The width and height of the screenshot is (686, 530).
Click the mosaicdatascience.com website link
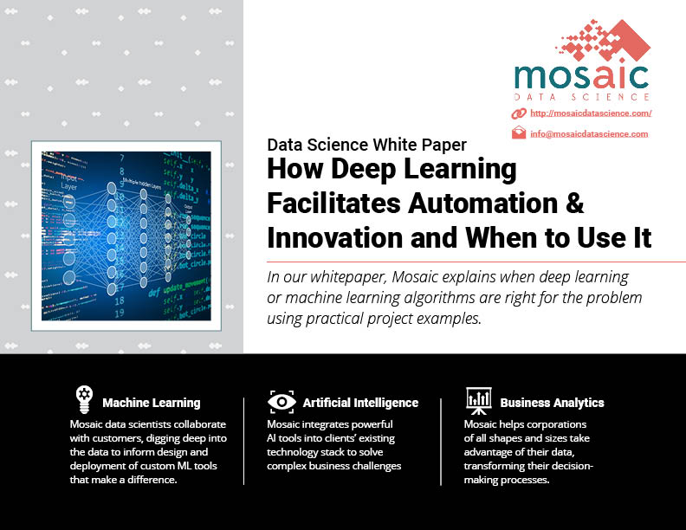click(x=591, y=113)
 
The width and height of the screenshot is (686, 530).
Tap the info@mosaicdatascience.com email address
click(x=589, y=134)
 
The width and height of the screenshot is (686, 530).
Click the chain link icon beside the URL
click(x=519, y=113)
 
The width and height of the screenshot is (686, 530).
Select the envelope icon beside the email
click(x=519, y=132)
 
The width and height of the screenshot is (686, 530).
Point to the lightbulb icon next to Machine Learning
click(x=84, y=399)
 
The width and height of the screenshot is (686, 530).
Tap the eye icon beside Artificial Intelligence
click(x=282, y=402)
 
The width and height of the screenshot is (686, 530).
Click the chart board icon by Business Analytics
click(x=479, y=401)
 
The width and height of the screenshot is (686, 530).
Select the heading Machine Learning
click(x=152, y=403)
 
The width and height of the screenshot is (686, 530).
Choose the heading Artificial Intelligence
click(x=360, y=403)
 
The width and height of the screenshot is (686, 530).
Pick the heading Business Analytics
click(x=552, y=403)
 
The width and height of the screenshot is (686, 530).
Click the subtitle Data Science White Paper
click(x=366, y=145)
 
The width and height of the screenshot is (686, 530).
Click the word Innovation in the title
click(x=334, y=238)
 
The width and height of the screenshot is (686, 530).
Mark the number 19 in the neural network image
click(x=120, y=313)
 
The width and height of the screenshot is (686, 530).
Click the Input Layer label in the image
click(x=68, y=182)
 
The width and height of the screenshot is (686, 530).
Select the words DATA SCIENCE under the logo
click(x=581, y=97)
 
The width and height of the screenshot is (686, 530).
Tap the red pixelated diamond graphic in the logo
click(x=604, y=39)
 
